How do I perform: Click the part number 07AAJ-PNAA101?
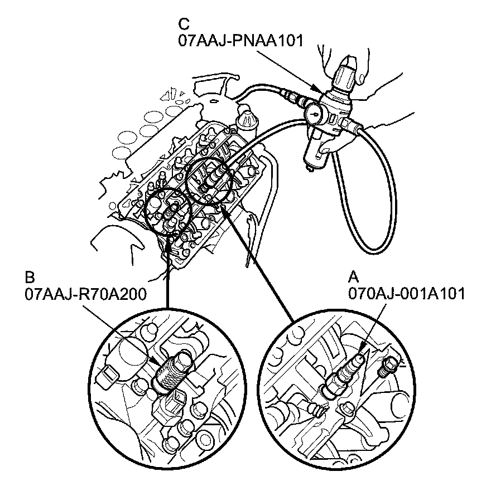240,41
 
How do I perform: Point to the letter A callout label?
353,277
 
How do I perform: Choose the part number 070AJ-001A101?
406,293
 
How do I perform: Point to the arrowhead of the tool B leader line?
155,363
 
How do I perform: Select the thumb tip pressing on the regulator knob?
361,74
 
